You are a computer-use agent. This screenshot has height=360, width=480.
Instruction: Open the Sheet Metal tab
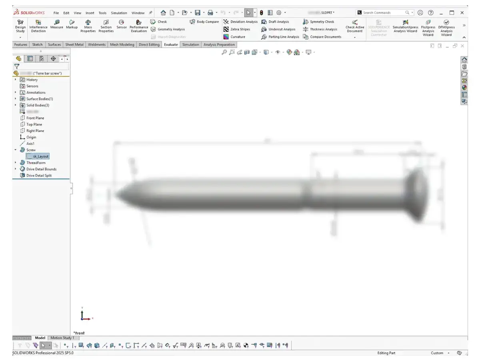74,44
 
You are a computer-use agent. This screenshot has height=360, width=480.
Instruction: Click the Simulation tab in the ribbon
190,44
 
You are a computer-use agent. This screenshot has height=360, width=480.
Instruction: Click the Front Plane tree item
35,118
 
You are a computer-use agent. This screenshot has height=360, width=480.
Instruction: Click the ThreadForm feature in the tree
36,163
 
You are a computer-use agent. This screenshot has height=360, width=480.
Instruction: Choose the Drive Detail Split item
39,176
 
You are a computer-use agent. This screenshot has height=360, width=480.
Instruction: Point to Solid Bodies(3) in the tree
38,105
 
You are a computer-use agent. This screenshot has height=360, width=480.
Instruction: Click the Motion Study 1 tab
62,338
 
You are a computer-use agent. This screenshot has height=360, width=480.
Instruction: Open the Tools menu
102,13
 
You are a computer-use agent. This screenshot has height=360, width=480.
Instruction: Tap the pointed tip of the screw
118,195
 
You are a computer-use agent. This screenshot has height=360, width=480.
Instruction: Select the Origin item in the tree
31,137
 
